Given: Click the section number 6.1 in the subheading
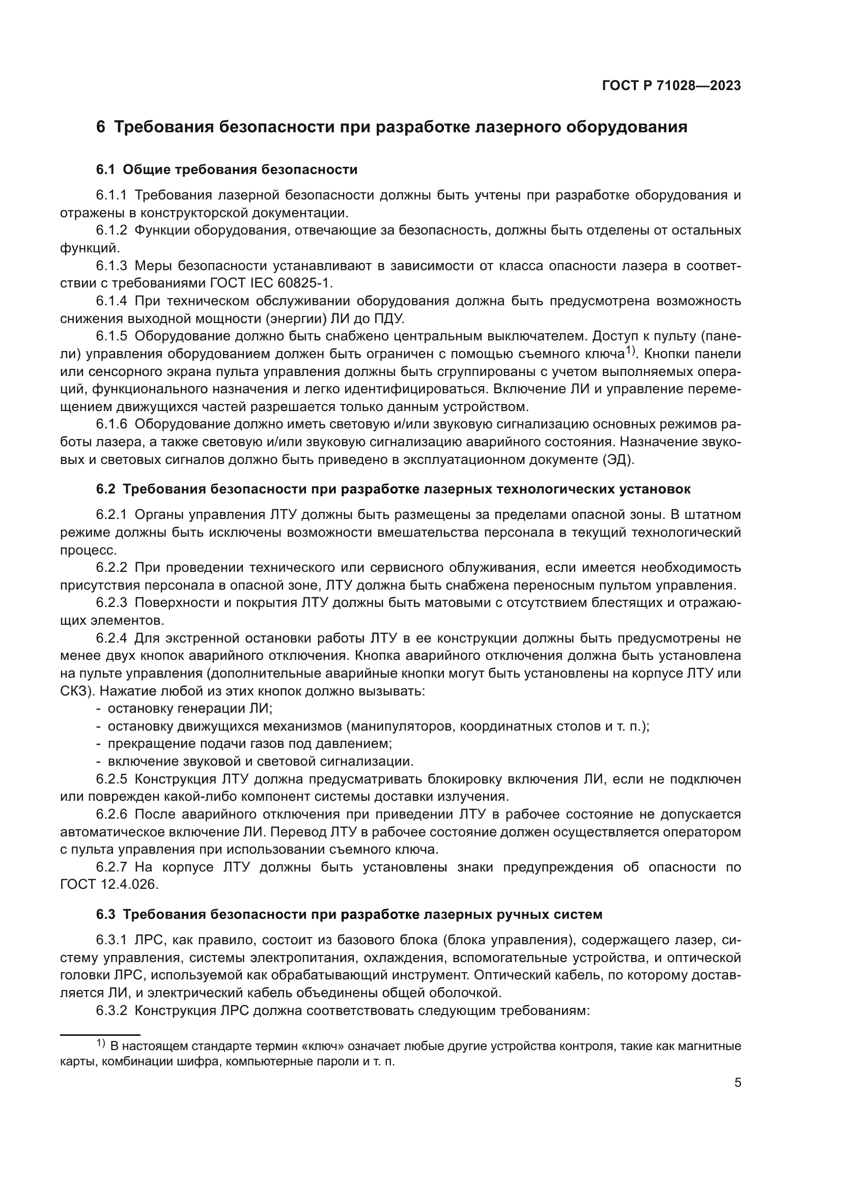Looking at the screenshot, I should tap(106, 169).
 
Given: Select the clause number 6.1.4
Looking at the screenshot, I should tap(111, 301).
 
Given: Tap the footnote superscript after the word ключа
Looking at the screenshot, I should tap(630, 351).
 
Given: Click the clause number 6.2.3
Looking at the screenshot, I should tap(111, 602).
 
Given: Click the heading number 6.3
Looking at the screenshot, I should tap(106, 914).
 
